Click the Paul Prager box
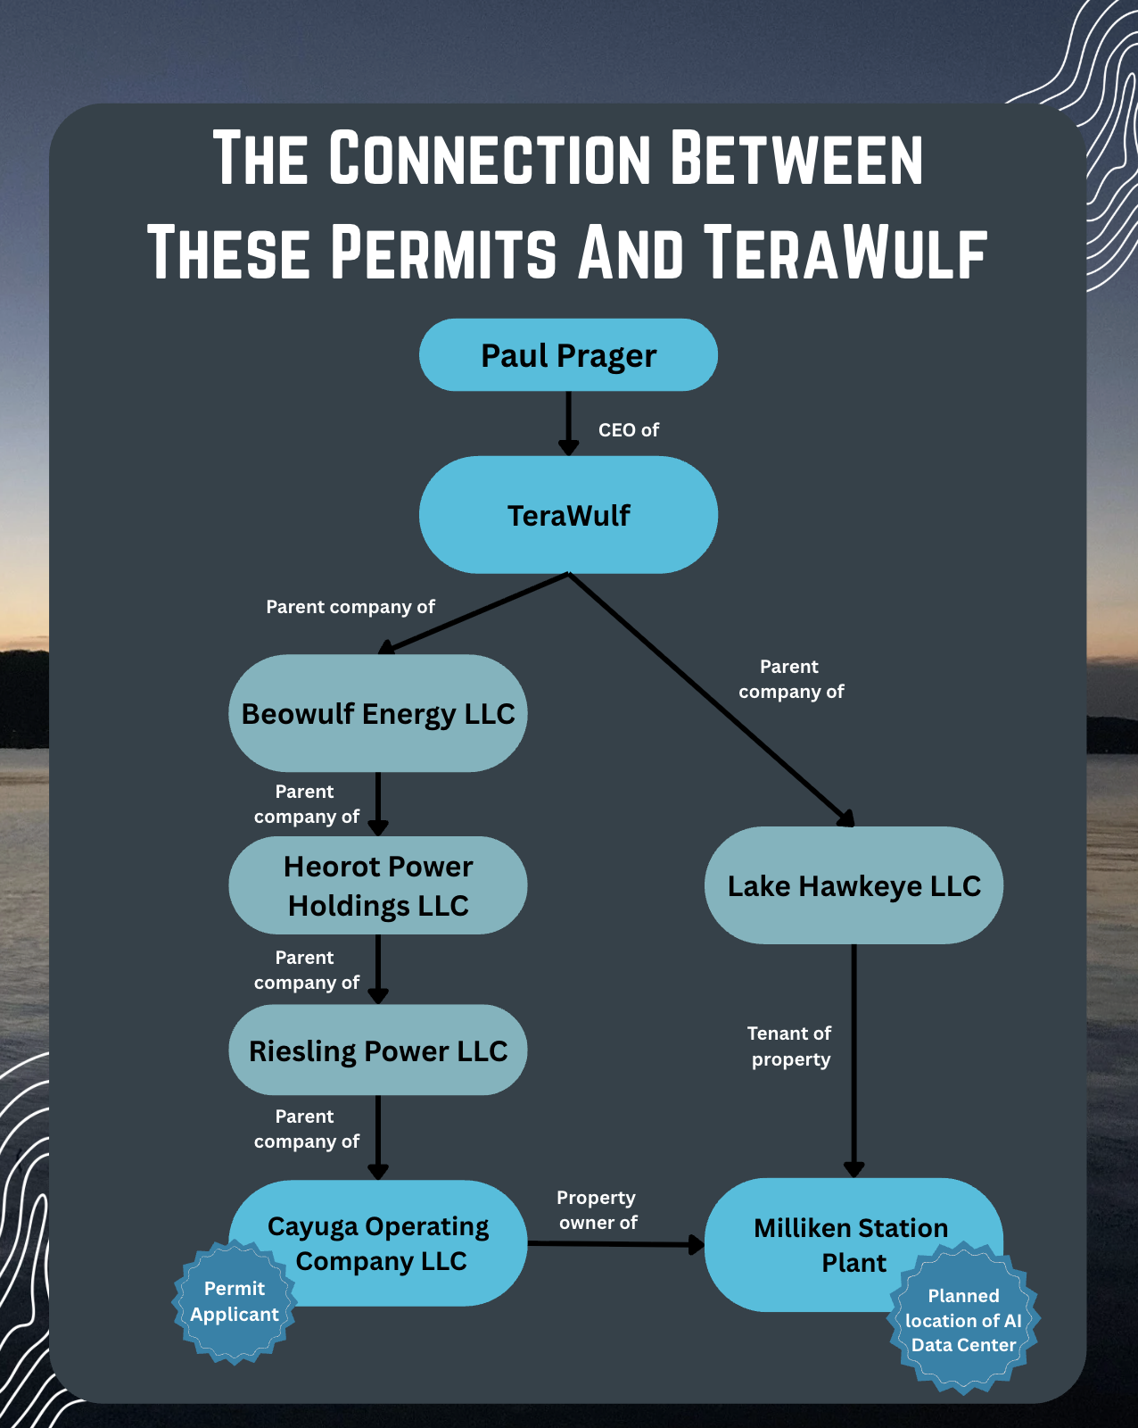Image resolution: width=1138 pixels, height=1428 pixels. pos(568,355)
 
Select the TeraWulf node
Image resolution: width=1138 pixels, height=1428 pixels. pos(568,515)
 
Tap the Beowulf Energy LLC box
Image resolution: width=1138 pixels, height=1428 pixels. pos(378,713)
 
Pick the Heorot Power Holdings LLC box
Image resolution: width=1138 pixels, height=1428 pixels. pos(378,885)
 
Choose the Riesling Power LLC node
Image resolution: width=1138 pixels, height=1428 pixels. pos(378,1050)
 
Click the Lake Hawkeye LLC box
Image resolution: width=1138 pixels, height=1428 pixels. pos(853,885)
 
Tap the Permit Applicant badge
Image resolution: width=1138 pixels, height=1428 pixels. pos(235,1301)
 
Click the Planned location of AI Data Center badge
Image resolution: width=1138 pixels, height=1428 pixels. pos(963,1320)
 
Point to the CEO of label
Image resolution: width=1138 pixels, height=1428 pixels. pos(628,430)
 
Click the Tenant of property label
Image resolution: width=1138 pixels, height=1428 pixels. pos(790,1046)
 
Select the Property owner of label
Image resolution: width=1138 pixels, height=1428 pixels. pos(598,1210)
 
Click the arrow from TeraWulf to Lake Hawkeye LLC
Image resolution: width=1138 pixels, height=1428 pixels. pos(713,701)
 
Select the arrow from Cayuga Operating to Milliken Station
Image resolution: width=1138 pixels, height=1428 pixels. pos(615,1244)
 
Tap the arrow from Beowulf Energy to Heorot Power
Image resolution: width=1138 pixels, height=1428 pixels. pos(378,803)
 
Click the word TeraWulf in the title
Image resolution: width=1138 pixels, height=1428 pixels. pos(845,253)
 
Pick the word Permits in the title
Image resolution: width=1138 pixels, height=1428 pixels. pos(443,253)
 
